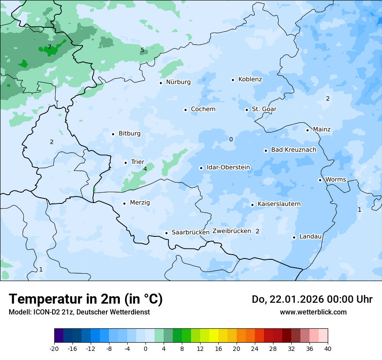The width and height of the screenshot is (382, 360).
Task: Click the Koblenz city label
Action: pos(250,79)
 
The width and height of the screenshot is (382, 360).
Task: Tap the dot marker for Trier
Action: pos(126,163)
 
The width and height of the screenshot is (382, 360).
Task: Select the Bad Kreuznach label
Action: pos(293,150)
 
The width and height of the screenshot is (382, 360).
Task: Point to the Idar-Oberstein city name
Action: pos(228,167)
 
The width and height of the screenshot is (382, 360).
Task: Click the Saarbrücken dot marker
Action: pos(166,233)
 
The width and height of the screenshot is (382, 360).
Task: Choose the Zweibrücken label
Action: pos(231,231)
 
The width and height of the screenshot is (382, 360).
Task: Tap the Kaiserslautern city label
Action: pos(279,204)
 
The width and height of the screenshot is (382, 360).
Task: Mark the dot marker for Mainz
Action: pos(307,130)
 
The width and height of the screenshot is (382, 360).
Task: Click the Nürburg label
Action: pos(178,82)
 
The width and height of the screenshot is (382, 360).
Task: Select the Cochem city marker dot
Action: pos(185,110)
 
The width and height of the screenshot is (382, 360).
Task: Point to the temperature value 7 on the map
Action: pos(49,47)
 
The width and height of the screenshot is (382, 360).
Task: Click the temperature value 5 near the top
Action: pos(142,50)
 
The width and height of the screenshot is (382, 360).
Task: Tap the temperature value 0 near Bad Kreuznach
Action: pos(231,139)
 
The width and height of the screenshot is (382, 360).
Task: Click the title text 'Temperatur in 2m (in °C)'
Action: pos(86,299)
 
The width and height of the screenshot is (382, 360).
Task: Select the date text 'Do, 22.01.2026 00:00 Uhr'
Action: pos(312,299)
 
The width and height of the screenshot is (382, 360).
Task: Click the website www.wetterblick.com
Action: pos(313,312)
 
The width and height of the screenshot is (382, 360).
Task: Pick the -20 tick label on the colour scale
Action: pos(54,349)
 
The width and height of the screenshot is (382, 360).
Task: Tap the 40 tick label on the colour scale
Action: pos(328,349)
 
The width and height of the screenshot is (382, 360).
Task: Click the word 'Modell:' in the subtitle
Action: pos(19,312)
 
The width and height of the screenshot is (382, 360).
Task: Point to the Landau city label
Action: pos(310,237)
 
